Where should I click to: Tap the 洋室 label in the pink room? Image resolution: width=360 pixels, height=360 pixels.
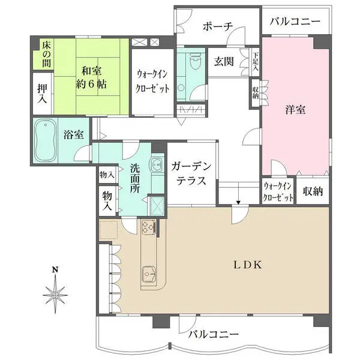click(295, 110)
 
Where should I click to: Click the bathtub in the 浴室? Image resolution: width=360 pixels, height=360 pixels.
click(46, 142)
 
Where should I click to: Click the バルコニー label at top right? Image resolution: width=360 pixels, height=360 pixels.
click(296, 23)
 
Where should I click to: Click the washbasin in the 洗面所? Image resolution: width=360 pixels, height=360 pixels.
click(156, 163)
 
